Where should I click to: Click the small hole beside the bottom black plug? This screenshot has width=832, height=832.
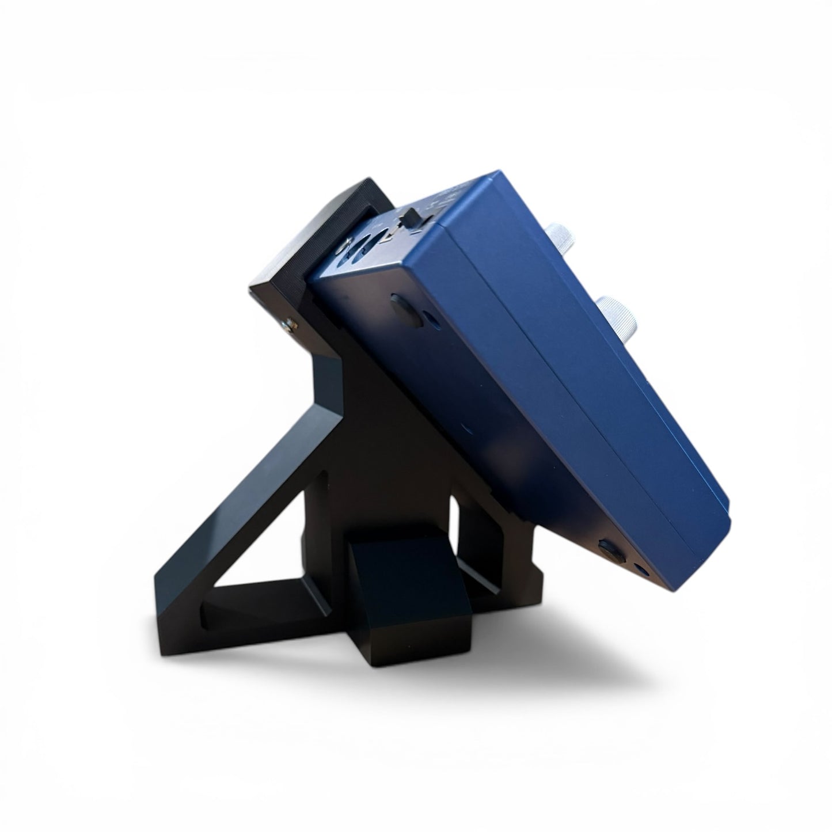(x=641, y=571)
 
